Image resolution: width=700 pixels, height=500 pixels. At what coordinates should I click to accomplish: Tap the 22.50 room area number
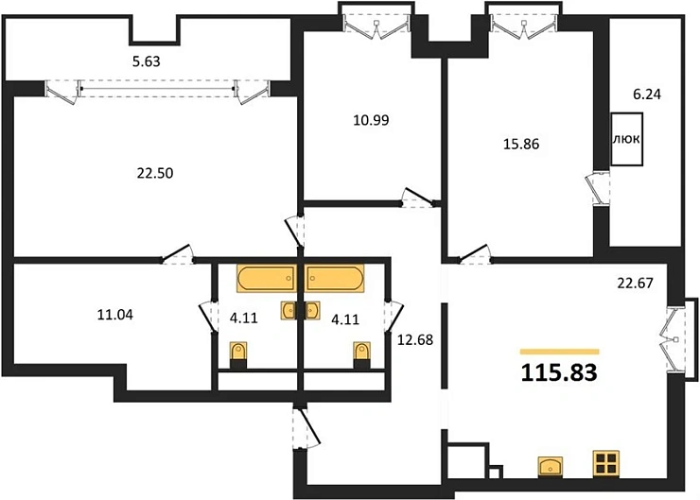pyautogui.click(x=155, y=172)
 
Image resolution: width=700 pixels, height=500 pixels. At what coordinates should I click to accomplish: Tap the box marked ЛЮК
pyautogui.click(x=627, y=139)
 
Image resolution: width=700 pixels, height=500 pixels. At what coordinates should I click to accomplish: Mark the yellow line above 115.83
pyautogui.click(x=559, y=351)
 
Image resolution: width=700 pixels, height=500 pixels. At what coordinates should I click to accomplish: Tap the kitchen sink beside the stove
pyautogui.click(x=551, y=465)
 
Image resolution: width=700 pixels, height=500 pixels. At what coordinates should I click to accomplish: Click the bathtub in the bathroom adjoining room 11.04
pyautogui.click(x=266, y=279)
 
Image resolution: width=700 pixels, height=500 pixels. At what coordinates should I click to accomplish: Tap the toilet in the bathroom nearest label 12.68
pyautogui.click(x=360, y=353)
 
